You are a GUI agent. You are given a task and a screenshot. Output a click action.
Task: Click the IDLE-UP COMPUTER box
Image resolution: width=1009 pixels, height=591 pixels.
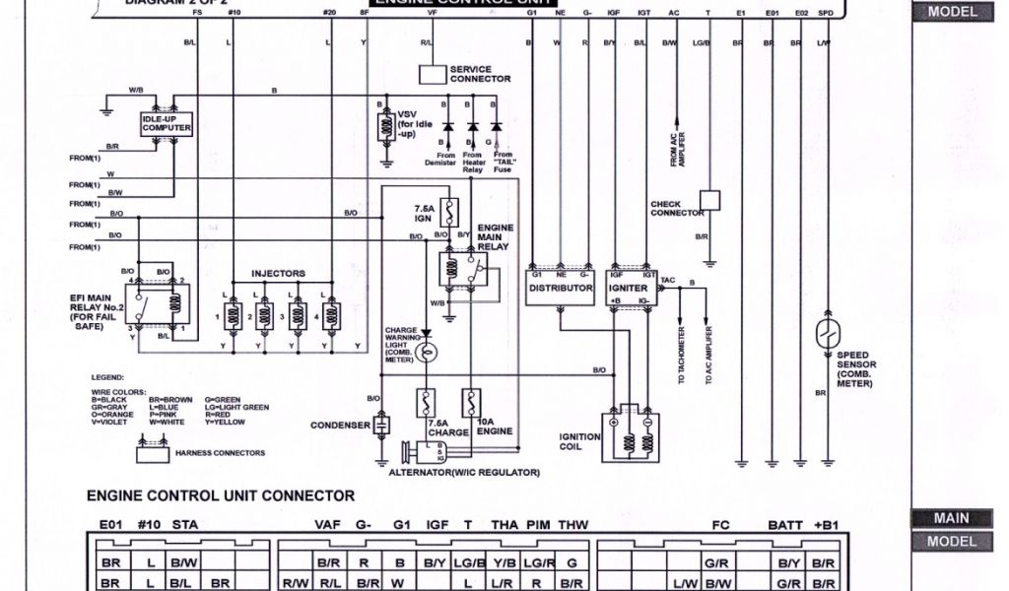[167, 124]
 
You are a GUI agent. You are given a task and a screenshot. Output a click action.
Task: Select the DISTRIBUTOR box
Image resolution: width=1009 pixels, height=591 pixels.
[560, 288]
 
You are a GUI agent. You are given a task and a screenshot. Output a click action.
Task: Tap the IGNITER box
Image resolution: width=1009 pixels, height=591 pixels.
[629, 288]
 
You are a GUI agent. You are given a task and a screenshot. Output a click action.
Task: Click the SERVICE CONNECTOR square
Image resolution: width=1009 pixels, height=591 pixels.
[433, 74]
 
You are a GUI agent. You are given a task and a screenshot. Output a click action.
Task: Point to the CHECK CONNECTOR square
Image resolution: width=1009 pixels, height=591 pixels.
[709, 200]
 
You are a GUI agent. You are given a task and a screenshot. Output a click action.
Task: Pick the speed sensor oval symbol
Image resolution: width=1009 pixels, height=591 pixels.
[828, 334]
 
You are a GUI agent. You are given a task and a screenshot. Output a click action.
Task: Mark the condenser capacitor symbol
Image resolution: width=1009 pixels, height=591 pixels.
[382, 426]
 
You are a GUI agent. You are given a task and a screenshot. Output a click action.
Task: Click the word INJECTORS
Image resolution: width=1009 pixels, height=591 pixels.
[278, 273]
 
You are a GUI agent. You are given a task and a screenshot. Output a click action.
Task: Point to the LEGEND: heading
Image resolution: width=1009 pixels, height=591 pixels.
[108, 377]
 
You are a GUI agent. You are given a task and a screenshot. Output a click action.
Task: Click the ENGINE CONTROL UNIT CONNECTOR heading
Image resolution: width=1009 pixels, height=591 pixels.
[221, 495]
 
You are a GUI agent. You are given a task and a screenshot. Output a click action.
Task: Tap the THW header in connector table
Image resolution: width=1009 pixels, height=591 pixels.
[572, 525]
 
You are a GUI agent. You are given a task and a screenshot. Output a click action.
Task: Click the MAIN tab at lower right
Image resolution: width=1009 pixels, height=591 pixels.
[952, 518]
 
